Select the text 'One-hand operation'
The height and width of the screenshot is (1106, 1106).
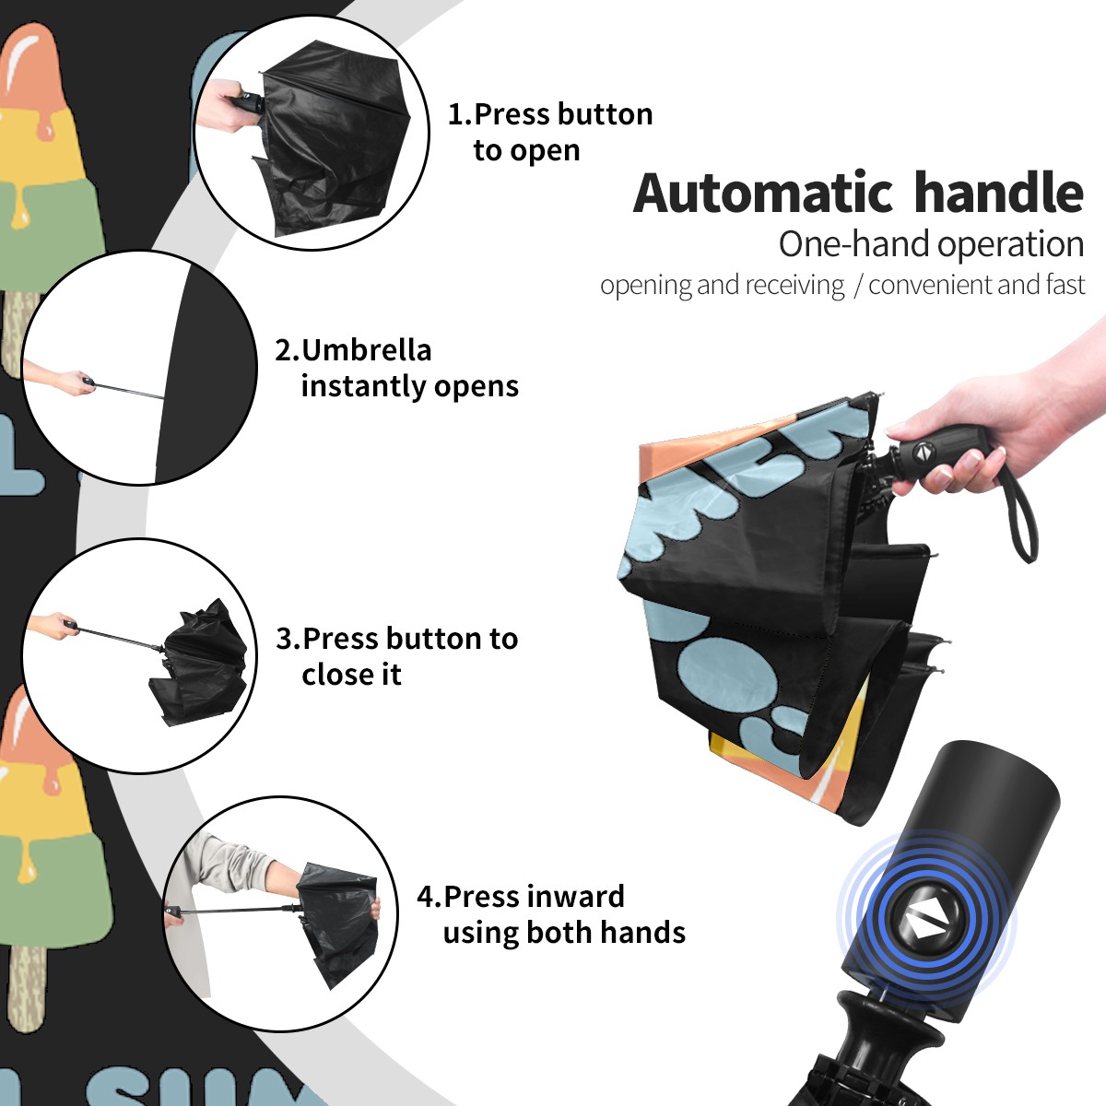pyautogui.click(x=931, y=244)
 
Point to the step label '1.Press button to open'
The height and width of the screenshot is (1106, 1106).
pyautogui.click(x=550, y=132)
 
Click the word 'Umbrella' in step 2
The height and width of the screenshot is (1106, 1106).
pyautogui.click(x=366, y=350)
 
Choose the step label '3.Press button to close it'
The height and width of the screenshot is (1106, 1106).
pyautogui.click(x=396, y=655)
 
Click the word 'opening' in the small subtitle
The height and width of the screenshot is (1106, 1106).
pyautogui.click(x=646, y=285)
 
